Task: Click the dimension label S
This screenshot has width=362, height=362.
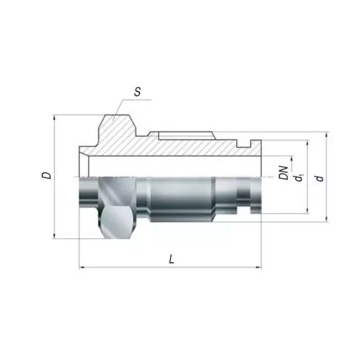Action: [x=138, y=92]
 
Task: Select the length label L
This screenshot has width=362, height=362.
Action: [x=172, y=259]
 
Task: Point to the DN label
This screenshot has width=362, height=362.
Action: [x=284, y=173]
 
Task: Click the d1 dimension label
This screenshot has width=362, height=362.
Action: [x=298, y=178]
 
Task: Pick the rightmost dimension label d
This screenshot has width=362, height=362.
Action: [x=319, y=178]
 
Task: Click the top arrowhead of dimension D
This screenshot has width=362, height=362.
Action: [x=54, y=118]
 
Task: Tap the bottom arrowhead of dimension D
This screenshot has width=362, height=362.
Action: [x=54, y=236]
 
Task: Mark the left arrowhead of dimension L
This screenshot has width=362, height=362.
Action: [x=82, y=267]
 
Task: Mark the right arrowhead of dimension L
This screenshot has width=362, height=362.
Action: [x=258, y=267]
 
